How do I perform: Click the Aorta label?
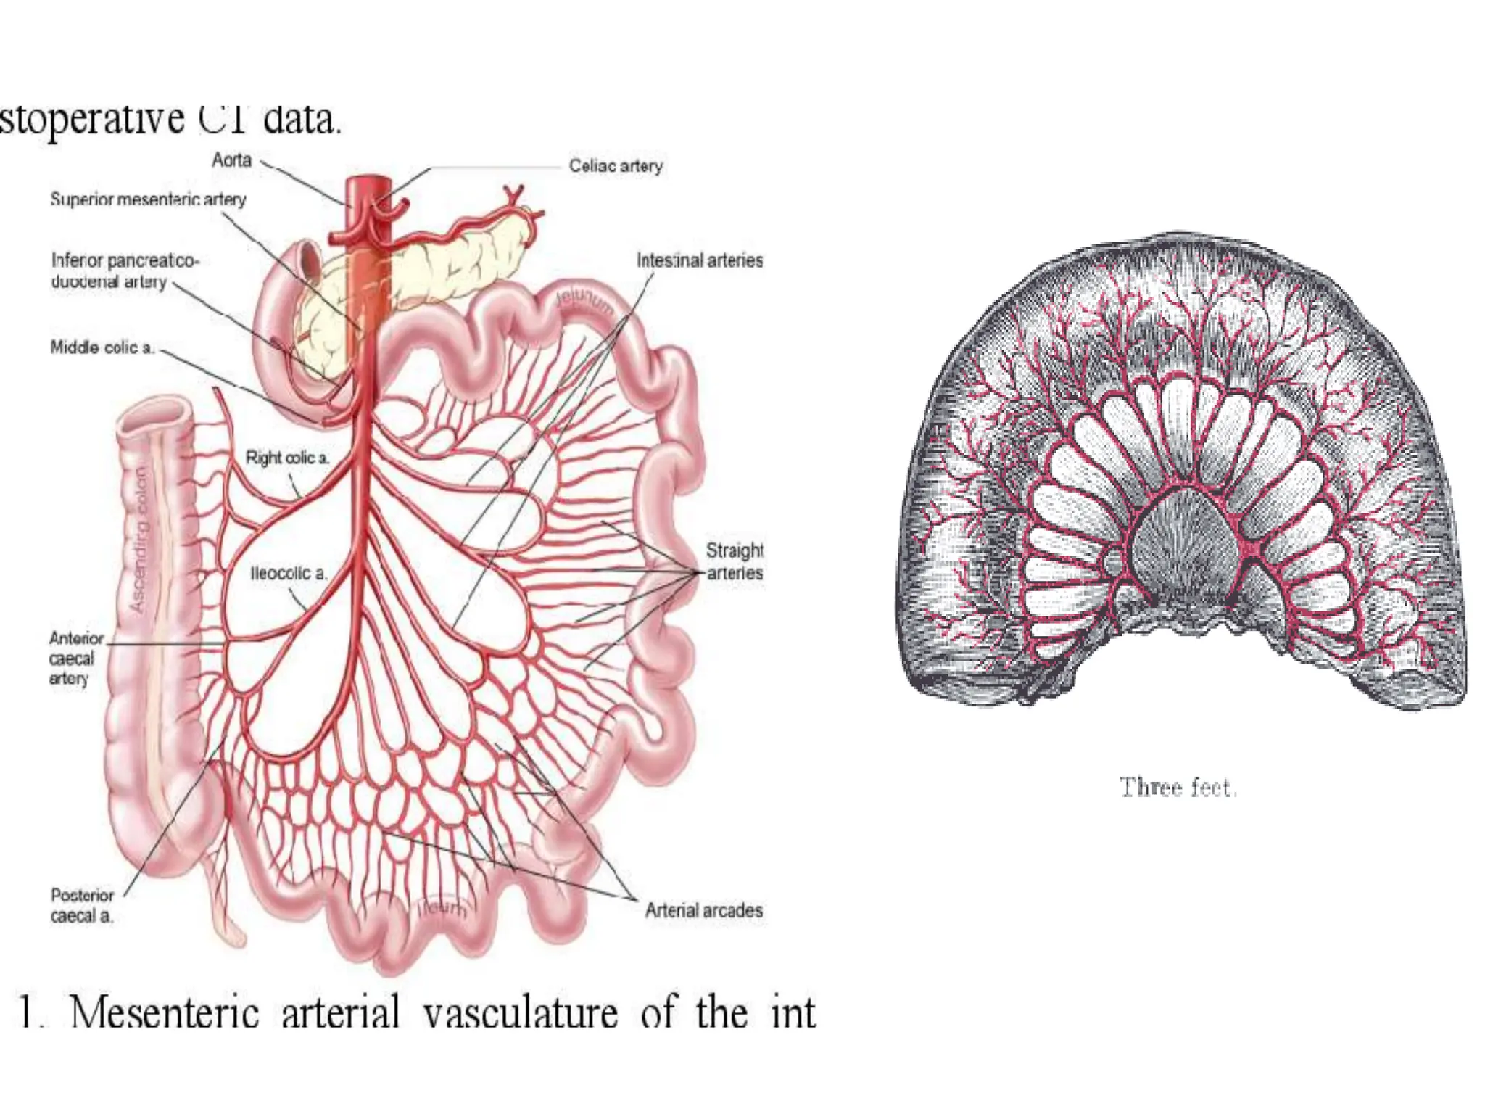pyautogui.click(x=231, y=160)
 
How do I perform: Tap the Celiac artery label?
pyautogui.click(x=615, y=166)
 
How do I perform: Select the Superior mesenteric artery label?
pyautogui.click(x=148, y=199)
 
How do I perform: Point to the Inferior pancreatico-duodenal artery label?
pyautogui.click(x=124, y=271)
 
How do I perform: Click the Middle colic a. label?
pyautogui.click(x=102, y=347)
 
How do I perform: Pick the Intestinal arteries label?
pyautogui.click(x=699, y=260)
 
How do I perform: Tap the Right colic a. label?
pyautogui.click(x=287, y=458)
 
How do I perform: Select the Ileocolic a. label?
pyautogui.click(x=289, y=573)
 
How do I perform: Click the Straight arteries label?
pyautogui.click(x=735, y=561)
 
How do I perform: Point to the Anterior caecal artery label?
pyautogui.click(x=73, y=659)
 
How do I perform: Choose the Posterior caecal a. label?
pyautogui.click(x=82, y=905)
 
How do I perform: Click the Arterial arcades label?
pyautogui.click(x=703, y=910)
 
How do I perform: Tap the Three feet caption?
pyautogui.click(x=1178, y=787)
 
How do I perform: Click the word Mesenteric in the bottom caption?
pyautogui.click(x=165, y=1012)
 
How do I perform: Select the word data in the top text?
pyautogui.click(x=301, y=119)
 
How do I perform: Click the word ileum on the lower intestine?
pyautogui.click(x=442, y=907)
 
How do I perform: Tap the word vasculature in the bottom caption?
pyautogui.click(x=521, y=1012)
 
